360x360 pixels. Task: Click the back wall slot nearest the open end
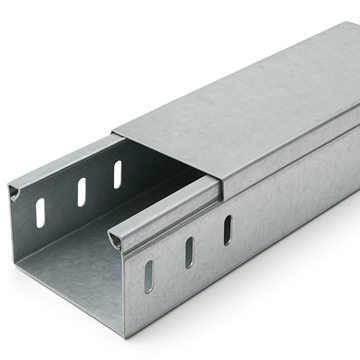coord(41,212)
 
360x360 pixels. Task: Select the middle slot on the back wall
coord(81,192)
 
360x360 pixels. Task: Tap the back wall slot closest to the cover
coord(117,174)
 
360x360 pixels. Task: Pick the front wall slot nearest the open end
coord(149,276)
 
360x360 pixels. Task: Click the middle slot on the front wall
coord(189,252)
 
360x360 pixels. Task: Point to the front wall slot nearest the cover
coord(227,229)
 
